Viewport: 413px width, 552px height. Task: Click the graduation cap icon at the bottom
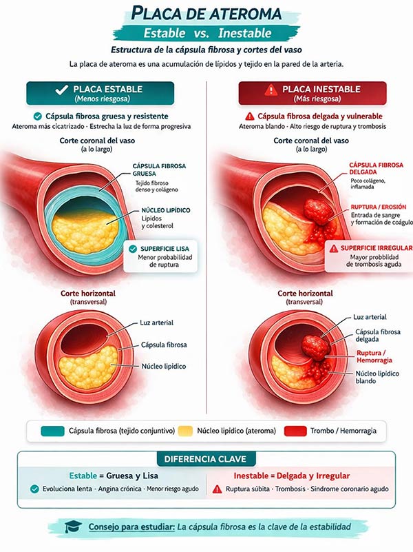[73, 527]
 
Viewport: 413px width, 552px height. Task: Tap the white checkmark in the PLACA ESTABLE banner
[61, 90]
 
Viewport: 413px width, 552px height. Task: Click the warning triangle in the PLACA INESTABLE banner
[271, 90]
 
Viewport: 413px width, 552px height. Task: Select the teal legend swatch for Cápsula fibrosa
[52, 431]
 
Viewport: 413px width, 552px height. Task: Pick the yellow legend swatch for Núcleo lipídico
[185, 431]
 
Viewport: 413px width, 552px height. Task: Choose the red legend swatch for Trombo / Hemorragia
[295, 431]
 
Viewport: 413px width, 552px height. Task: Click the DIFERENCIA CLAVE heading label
[205, 459]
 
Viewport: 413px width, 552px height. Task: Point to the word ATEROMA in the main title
[245, 14]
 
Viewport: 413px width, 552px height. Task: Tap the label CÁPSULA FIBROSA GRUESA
[159, 170]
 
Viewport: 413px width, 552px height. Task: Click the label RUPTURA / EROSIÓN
[379, 207]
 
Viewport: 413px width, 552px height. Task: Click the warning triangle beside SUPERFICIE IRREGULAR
[333, 249]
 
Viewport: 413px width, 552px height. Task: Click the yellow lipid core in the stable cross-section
[88, 368]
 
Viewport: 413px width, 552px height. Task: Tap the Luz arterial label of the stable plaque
[156, 323]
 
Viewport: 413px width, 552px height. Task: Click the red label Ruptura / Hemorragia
[374, 356]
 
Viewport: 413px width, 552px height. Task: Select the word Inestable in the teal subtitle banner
[244, 33]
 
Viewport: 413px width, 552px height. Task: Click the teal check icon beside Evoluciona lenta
[34, 489]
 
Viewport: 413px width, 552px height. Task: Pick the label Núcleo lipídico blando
[377, 377]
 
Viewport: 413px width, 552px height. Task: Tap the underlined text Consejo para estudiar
[131, 527]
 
